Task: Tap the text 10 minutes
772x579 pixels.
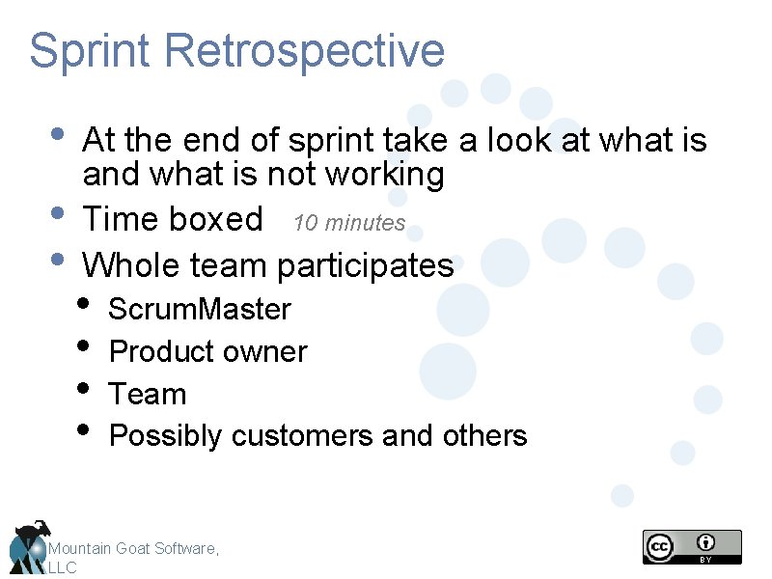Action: click(349, 223)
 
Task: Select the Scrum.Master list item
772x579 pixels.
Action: click(199, 310)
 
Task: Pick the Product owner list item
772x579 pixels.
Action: click(207, 352)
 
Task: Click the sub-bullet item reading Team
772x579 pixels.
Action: click(148, 395)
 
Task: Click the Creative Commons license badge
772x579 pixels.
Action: click(692, 546)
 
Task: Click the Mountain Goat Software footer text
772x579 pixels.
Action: click(134, 549)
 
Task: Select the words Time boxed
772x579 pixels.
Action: click(173, 220)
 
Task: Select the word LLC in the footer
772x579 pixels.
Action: click(62, 568)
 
